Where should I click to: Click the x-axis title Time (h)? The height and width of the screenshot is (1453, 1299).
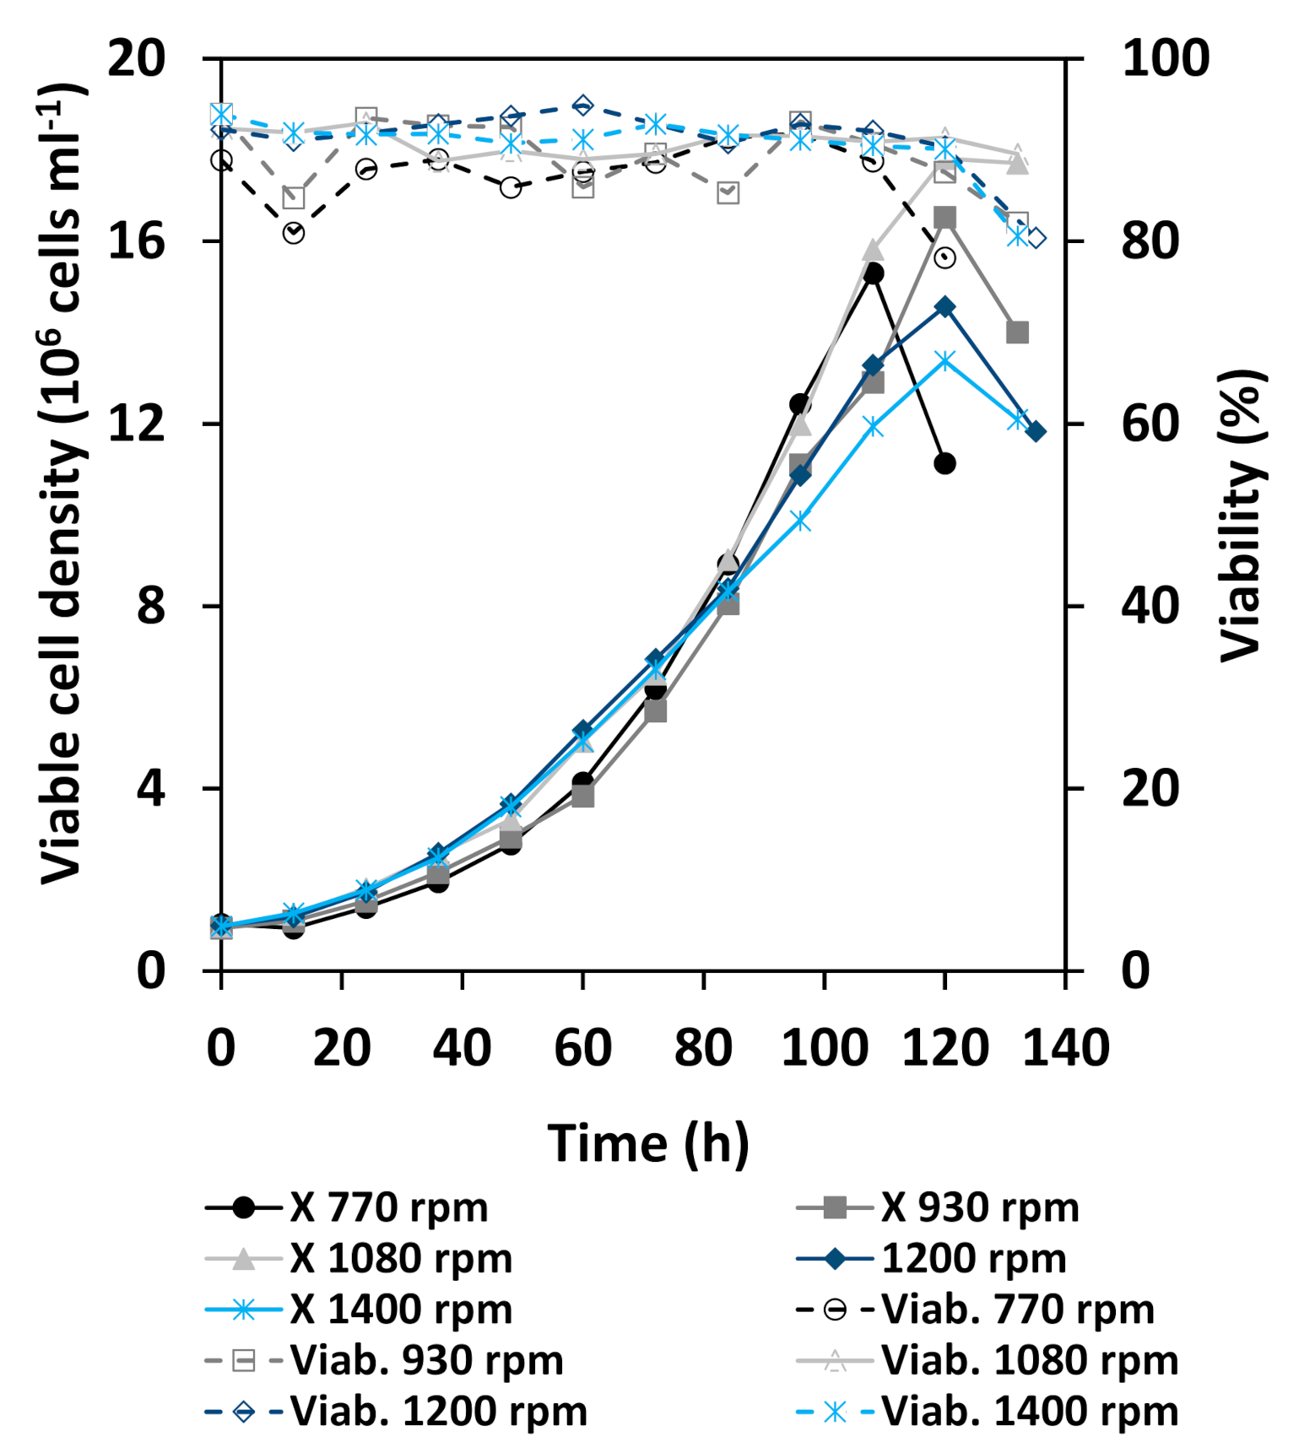pos(648,1144)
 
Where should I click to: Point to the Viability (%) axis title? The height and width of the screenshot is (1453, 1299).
pos(1242,515)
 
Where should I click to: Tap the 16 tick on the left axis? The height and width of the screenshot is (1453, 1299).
pos(136,241)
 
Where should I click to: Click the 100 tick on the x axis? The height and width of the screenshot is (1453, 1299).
pos(824,1048)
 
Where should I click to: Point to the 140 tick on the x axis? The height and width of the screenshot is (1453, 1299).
pos(1065,1048)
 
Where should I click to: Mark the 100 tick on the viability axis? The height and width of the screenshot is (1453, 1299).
pos(1165,59)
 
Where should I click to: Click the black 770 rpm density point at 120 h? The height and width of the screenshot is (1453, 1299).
pos(944,463)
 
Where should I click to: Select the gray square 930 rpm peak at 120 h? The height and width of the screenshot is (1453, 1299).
pos(944,218)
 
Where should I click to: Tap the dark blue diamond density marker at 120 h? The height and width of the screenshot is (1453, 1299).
pos(944,307)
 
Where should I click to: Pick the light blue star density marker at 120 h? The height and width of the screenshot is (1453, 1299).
pos(944,360)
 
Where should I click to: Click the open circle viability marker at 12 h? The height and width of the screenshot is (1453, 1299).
pos(294,233)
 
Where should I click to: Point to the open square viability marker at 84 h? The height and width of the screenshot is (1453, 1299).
pos(728,193)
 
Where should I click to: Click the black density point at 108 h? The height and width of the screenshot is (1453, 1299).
pos(873,273)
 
